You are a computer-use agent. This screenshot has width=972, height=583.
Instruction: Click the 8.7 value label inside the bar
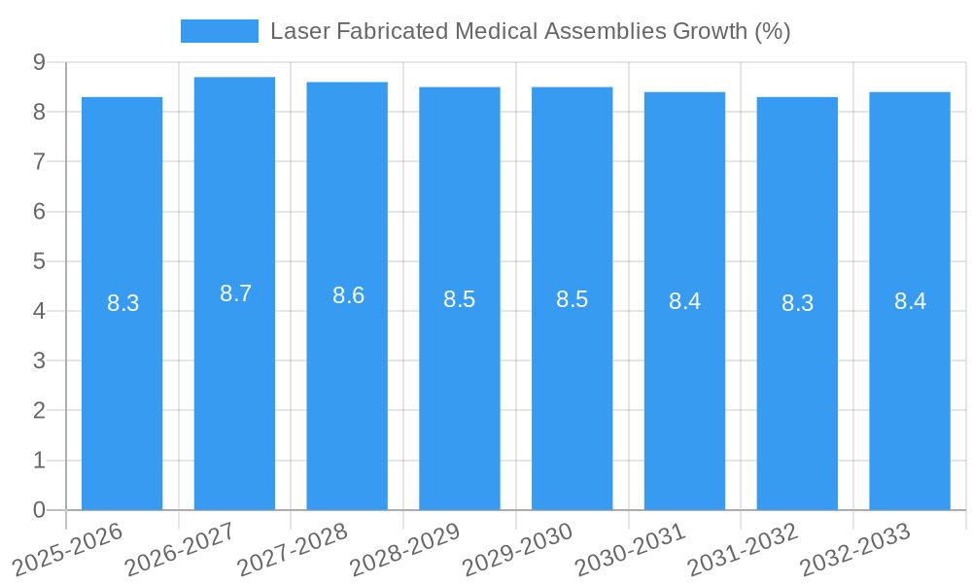[x=235, y=293]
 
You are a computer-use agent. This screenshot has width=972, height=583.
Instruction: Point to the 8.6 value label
[x=348, y=295]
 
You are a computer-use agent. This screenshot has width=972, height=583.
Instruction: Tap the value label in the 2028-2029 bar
[x=459, y=299]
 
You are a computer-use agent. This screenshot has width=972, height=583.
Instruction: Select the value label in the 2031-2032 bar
[x=797, y=303]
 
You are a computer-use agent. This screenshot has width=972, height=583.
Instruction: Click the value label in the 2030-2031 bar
[x=684, y=301]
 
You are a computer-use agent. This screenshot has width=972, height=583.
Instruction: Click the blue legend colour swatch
[x=219, y=31]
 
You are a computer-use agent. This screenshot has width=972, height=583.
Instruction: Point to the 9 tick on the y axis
[x=39, y=62]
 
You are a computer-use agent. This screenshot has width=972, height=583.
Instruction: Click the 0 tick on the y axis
[x=39, y=510]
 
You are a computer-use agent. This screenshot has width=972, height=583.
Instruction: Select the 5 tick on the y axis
[x=39, y=261]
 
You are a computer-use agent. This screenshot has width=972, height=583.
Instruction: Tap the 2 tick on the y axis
[x=39, y=411]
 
